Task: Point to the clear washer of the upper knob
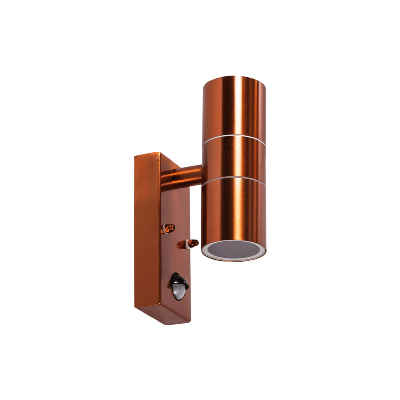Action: [164, 228]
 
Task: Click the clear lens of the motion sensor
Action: [179, 294]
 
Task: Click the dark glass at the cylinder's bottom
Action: [234, 249]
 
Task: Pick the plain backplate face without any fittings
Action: [146, 232]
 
